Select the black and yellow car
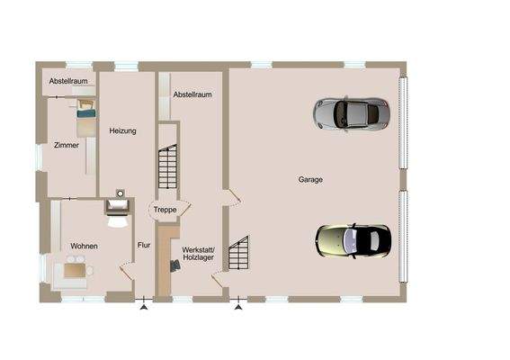pos(353,239)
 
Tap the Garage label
pos(310,180)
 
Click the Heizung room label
pos(122,131)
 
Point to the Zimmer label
pos(66,145)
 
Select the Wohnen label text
pos(84,246)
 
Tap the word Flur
pos(143,244)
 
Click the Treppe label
pos(164,210)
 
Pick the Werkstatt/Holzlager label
pos(198,253)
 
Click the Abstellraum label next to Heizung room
pos(192,94)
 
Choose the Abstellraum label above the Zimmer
pos(68,81)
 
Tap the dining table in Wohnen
pos(74,269)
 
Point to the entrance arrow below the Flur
pos(142,308)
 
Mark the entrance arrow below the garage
pos(238,308)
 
